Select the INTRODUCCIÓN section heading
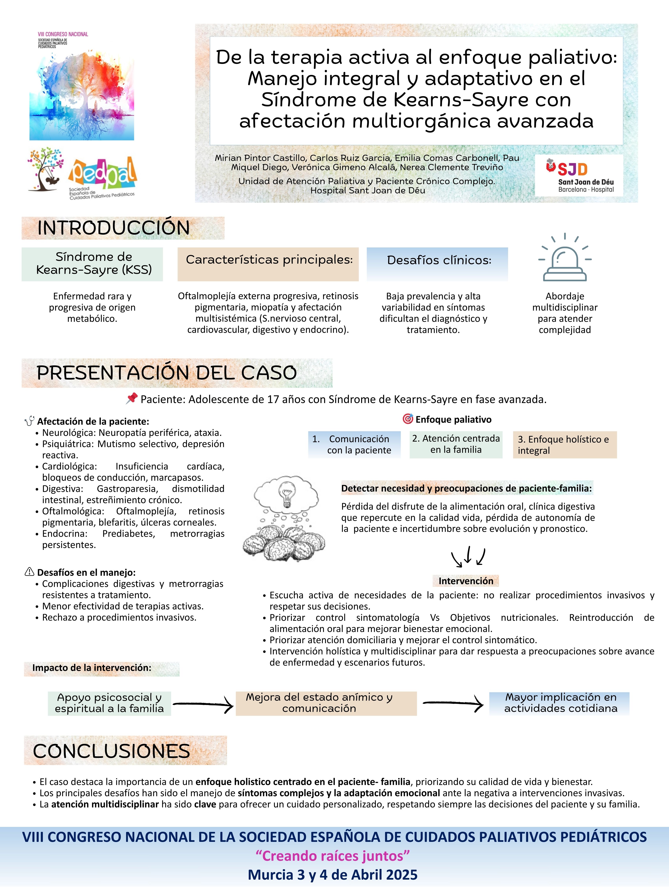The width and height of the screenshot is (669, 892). click(x=114, y=228)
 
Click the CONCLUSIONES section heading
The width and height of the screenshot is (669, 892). click(x=112, y=751)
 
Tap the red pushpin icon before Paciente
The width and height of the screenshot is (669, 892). click(x=131, y=399)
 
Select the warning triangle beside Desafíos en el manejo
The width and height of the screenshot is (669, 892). click(x=30, y=572)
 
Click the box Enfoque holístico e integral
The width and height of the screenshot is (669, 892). click(x=565, y=445)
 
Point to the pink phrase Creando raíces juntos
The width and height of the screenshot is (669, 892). click(x=333, y=856)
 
